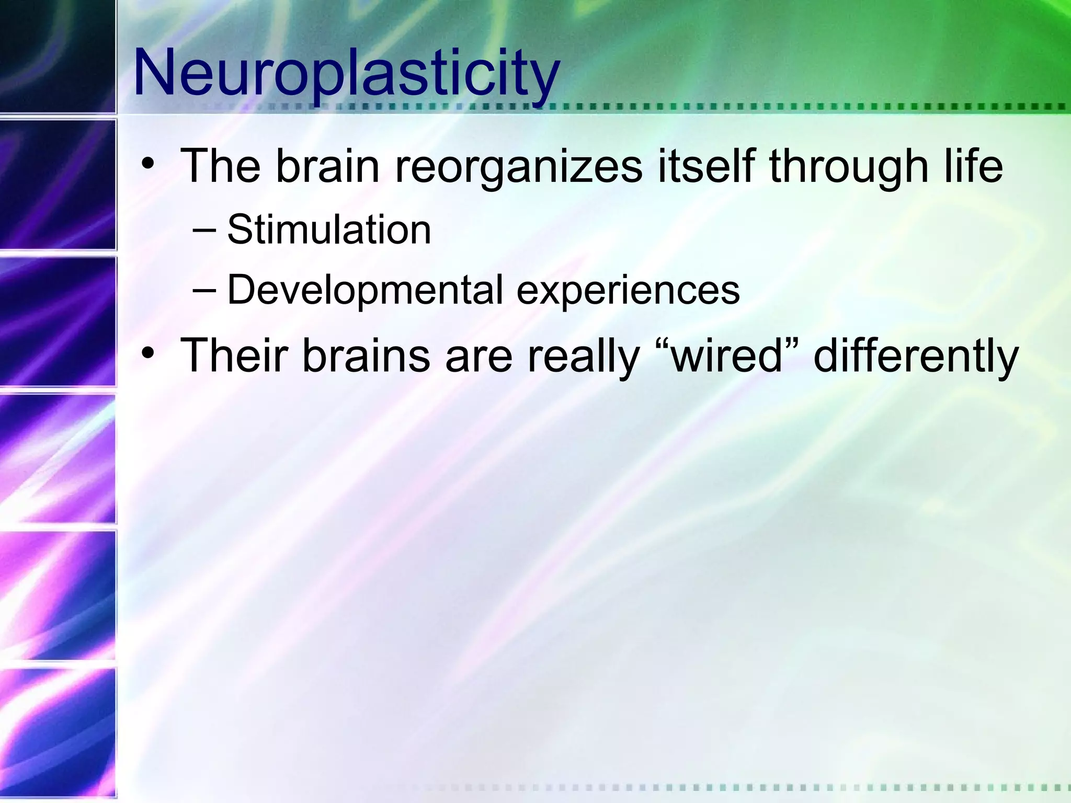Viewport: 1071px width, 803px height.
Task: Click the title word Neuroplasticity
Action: (x=346, y=73)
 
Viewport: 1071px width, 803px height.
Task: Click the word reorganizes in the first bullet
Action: (x=518, y=166)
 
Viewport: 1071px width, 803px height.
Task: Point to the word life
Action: (x=973, y=166)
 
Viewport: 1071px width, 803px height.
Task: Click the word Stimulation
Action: (x=329, y=230)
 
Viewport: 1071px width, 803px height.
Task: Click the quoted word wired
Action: (x=726, y=355)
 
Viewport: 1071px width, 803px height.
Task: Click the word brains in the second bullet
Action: (x=366, y=355)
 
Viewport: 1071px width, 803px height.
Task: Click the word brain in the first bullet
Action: (x=327, y=166)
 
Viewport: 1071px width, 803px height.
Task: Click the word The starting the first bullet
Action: (x=220, y=166)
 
